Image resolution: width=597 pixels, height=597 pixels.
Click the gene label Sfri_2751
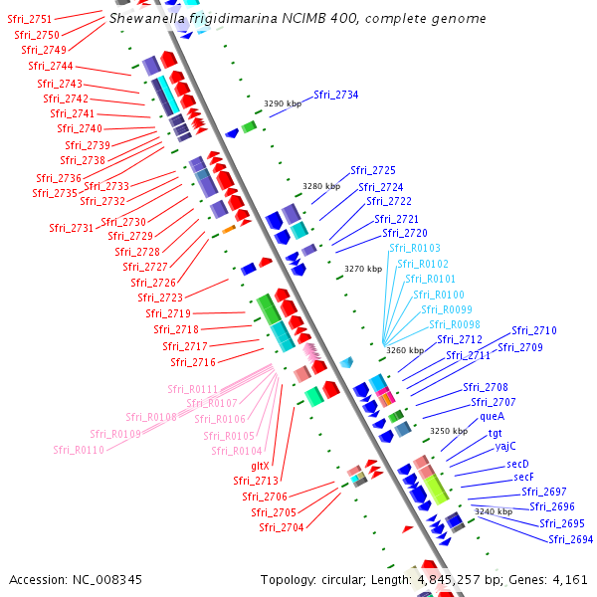(29, 19)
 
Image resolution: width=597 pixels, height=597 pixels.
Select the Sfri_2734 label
(336, 95)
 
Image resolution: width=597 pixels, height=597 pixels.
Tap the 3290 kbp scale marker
(283, 103)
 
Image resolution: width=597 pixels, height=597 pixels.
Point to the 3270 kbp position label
(362, 269)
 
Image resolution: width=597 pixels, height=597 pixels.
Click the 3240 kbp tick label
(493, 510)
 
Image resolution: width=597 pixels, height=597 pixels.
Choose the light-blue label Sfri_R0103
(415, 248)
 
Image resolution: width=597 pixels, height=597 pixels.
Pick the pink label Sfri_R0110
(80, 450)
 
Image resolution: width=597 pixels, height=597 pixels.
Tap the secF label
(524, 477)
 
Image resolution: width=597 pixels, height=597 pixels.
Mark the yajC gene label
(505, 447)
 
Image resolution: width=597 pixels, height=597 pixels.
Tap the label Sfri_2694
(570, 539)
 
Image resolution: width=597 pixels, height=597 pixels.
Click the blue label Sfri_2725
(372, 170)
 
